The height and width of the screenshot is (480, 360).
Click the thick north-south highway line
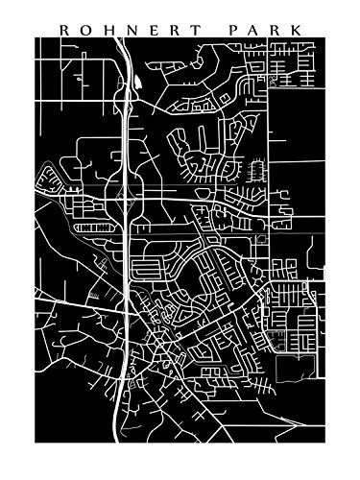click(127, 230)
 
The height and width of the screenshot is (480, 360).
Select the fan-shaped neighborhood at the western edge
click(46, 178)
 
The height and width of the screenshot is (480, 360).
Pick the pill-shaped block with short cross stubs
click(146, 265)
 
